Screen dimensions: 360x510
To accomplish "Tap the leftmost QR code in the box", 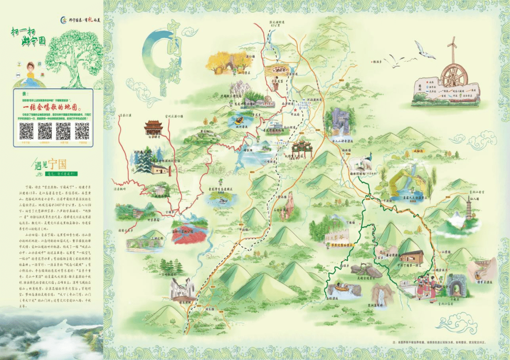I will (26, 130).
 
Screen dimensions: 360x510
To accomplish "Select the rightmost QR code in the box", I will (82, 130).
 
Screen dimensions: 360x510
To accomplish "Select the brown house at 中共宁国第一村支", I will (411, 256).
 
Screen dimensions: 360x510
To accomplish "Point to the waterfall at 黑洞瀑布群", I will (381, 296).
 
